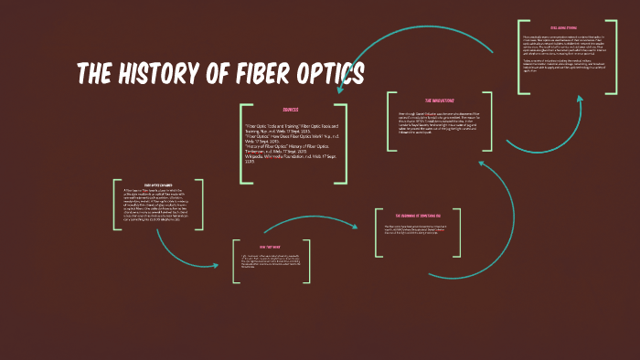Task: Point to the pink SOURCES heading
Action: [290, 109]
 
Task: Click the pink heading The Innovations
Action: [440, 100]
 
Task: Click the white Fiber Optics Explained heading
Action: [159, 184]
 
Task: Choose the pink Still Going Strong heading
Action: [563, 28]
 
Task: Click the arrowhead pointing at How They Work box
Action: [217, 266]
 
